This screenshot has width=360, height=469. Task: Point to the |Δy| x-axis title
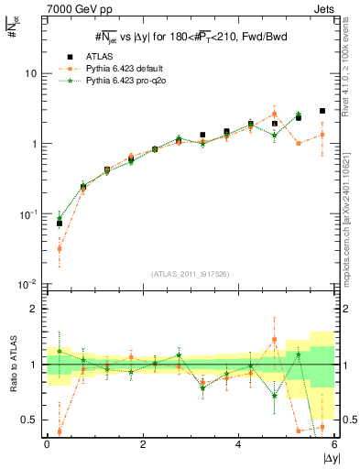tap(326, 458)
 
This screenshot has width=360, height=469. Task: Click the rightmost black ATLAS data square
tap(322, 111)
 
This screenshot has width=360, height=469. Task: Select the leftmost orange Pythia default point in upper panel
tap(60, 248)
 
